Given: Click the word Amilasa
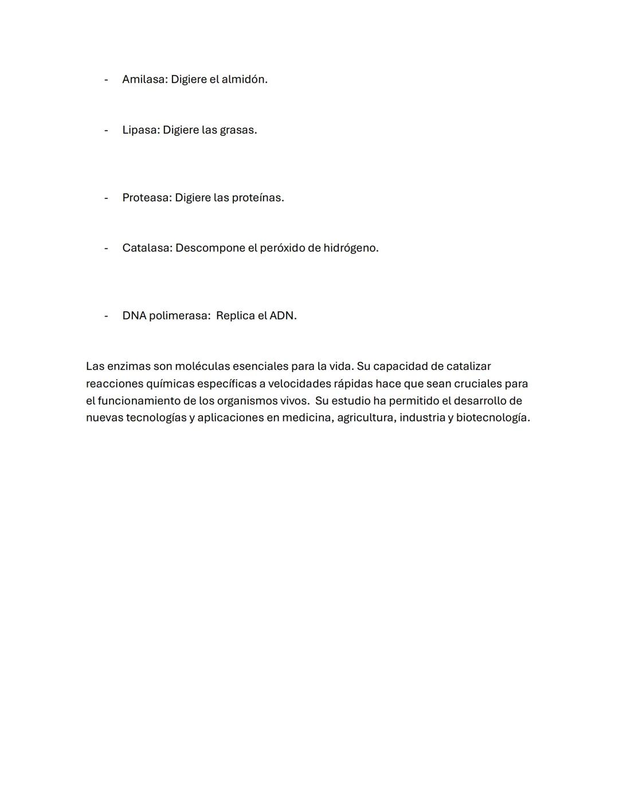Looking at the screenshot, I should pos(144,80).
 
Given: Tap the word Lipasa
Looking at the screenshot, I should pos(140,130).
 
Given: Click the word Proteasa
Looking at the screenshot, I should pos(147,198).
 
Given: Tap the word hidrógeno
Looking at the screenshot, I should pos(350,248).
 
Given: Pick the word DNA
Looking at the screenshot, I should pos(134,316).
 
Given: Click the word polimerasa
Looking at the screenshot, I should pos(179,316).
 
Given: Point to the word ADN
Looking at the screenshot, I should pos(283,316).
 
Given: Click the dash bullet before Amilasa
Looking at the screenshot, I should pos(106,80).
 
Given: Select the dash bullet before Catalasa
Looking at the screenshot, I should pos(106,248).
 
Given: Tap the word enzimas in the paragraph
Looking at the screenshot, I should pos(128,366).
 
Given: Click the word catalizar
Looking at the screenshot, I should pos(468,366).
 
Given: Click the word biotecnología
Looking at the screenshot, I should pos(492,418).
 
